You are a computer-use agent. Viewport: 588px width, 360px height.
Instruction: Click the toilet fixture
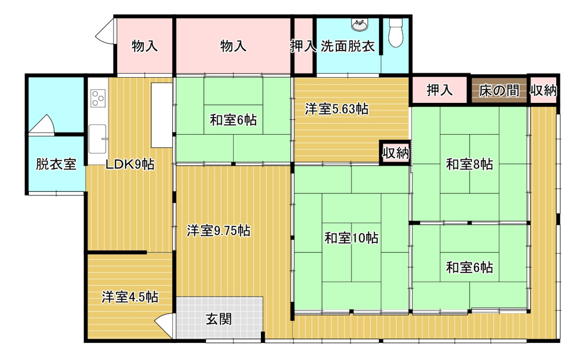coord(396,33)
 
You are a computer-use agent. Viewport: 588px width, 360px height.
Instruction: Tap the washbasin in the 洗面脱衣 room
coord(360,25)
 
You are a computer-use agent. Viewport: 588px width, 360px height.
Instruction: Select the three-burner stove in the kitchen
coord(98,98)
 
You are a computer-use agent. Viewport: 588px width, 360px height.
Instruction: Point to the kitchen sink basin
coord(97,139)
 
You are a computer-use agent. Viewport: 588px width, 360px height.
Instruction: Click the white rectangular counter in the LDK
coord(162,115)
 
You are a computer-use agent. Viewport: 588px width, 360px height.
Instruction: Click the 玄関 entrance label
coord(219,319)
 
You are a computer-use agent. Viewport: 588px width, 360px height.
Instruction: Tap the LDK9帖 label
coord(130,164)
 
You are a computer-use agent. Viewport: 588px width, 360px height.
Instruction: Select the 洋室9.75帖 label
coord(218,231)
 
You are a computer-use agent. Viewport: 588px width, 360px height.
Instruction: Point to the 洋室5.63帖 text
coord(337,109)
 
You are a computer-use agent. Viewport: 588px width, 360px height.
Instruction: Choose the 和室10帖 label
coord(351,238)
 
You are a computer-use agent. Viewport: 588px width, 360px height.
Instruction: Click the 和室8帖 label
coord(469,164)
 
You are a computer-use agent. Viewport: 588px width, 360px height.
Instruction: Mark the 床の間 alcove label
coord(499,91)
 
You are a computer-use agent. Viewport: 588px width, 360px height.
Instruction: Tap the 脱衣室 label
coord(56,164)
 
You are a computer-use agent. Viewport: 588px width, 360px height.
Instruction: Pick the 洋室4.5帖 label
coord(130,297)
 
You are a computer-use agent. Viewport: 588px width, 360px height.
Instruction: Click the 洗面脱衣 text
coord(348,46)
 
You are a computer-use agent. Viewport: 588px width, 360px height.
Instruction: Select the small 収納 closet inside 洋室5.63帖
coord(396,153)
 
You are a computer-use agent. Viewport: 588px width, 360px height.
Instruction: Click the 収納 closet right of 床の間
coord(543,90)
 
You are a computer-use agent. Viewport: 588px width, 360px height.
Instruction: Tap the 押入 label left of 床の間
coord(440,90)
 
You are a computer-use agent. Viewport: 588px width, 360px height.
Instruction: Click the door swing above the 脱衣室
coord(42,124)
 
